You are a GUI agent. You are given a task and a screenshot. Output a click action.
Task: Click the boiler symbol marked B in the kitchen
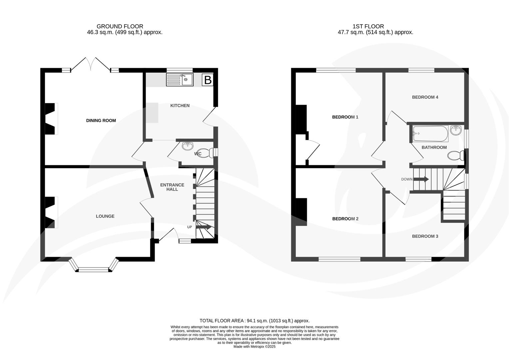[x=208, y=80]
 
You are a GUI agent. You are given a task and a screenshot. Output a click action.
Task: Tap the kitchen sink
[x=180, y=80]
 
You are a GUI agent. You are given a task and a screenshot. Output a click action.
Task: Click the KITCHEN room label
[x=180, y=106]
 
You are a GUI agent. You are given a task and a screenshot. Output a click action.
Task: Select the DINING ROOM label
[x=101, y=121]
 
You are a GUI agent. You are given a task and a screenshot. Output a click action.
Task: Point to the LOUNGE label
[x=105, y=216]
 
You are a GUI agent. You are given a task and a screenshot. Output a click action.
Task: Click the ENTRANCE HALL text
[x=172, y=187]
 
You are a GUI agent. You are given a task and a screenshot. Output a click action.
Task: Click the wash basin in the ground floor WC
[x=188, y=146]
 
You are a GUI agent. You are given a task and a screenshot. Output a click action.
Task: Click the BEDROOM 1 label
[x=345, y=117]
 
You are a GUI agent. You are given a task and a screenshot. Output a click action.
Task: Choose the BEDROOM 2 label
[x=345, y=219]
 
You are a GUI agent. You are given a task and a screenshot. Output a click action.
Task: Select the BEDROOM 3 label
[x=425, y=236]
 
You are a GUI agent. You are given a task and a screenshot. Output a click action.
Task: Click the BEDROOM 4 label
[x=425, y=97]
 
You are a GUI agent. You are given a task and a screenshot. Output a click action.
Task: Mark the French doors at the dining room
[x=91, y=64]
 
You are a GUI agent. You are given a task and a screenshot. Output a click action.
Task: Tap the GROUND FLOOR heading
[x=120, y=26]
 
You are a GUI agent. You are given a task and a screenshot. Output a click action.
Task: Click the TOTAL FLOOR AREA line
[x=254, y=321]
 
